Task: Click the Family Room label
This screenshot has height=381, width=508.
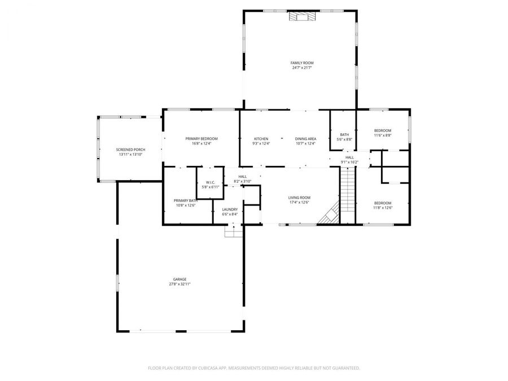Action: (x=302, y=63)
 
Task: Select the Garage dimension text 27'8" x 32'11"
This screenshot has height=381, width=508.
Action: (x=179, y=284)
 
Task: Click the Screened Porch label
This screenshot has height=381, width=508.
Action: (x=130, y=150)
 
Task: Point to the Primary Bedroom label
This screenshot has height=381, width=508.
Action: (x=202, y=138)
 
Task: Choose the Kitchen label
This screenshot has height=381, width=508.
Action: (x=261, y=138)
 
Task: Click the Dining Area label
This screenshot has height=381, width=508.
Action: (x=305, y=138)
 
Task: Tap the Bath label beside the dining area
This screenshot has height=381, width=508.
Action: (x=344, y=134)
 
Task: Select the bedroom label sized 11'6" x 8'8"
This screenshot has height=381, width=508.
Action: (x=382, y=130)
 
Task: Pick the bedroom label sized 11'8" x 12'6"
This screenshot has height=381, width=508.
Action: (x=383, y=203)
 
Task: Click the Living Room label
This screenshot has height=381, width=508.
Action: (x=300, y=198)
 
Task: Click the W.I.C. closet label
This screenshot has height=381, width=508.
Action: (x=211, y=182)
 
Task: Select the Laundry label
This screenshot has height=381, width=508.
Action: (x=230, y=209)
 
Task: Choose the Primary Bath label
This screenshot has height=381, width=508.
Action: (x=185, y=200)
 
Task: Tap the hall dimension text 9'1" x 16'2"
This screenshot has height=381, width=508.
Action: (x=350, y=162)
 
